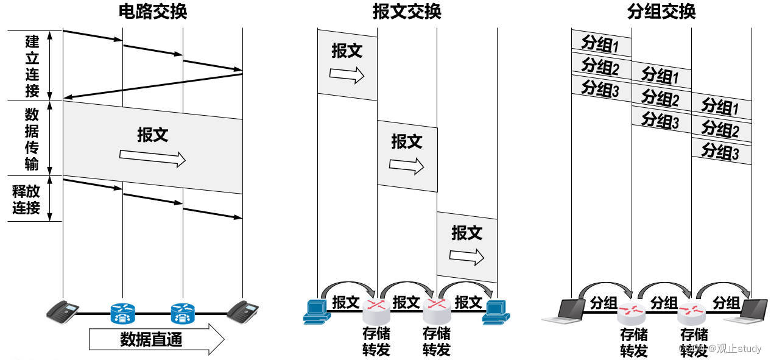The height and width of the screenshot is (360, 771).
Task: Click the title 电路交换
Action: pos(152,11)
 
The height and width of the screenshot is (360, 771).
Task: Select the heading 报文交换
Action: pos(407,11)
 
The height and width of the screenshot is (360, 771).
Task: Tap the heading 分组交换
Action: pos(661,11)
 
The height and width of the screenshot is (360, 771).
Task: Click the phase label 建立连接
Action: pos(32,66)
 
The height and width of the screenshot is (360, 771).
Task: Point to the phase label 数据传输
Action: pos(32,139)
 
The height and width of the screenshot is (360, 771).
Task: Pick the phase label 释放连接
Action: pos(26,199)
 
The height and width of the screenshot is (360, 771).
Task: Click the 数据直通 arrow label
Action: pos(151,339)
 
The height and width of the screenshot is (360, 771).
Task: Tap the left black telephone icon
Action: pos(63,311)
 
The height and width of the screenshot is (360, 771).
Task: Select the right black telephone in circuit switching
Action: pos(242,311)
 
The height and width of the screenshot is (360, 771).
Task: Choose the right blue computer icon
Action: pos(496,311)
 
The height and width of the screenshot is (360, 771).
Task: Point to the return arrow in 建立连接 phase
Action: pos(152,86)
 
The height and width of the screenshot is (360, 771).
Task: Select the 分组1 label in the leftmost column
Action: pos(600,43)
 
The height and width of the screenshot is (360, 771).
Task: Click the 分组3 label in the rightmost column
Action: pos(720,151)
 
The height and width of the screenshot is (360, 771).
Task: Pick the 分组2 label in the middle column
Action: pos(660,97)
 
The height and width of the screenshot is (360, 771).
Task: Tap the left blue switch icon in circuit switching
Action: pos(122,313)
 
